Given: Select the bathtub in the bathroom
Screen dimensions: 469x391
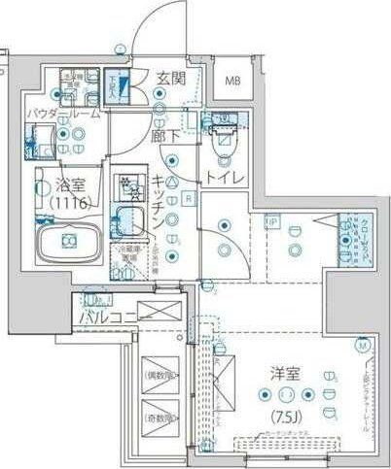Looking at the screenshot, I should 67,239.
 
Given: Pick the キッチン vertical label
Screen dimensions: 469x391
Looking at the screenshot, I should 158,199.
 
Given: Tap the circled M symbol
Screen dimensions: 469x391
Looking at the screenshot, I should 362,345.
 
